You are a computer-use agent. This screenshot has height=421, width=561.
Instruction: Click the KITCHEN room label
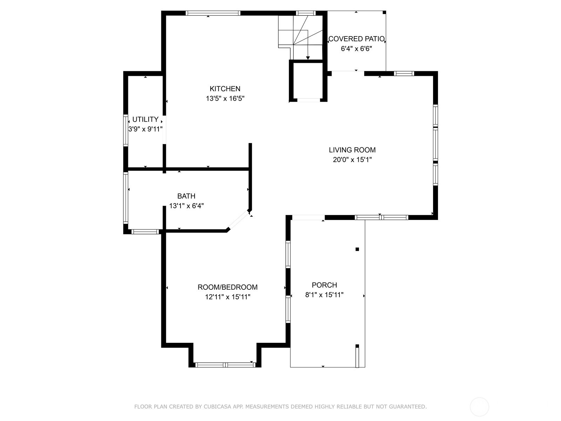[x=225, y=89]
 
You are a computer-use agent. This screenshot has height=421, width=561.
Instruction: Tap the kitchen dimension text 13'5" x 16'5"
[x=225, y=99]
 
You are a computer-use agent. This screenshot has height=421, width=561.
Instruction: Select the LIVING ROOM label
[x=352, y=150]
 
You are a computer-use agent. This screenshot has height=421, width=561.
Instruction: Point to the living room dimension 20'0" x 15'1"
[x=352, y=160]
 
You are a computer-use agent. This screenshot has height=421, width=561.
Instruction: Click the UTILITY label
[x=146, y=119]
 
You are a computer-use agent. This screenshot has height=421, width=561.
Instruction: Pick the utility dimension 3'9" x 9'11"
[x=146, y=129]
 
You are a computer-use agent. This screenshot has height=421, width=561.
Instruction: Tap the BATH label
[x=186, y=196]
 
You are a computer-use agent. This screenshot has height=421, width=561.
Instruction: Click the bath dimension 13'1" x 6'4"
[x=186, y=206]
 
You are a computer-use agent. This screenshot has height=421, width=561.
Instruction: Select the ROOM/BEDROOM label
[x=228, y=287]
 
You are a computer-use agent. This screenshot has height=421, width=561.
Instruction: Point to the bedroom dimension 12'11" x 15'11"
[x=228, y=297]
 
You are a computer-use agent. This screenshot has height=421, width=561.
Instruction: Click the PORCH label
[x=324, y=285]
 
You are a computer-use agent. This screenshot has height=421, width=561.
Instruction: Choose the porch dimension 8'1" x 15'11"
[x=324, y=295]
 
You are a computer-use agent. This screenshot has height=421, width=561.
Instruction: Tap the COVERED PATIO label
[x=357, y=39]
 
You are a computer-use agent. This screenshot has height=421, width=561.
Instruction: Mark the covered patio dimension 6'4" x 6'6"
[x=357, y=48]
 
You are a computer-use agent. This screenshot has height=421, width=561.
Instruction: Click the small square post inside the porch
[x=357, y=249]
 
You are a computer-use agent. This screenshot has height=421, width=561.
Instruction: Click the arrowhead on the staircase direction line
[x=308, y=58]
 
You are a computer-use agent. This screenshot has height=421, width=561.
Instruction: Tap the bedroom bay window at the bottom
[x=225, y=365]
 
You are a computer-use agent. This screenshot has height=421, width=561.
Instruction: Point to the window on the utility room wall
[x=126, y=131]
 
